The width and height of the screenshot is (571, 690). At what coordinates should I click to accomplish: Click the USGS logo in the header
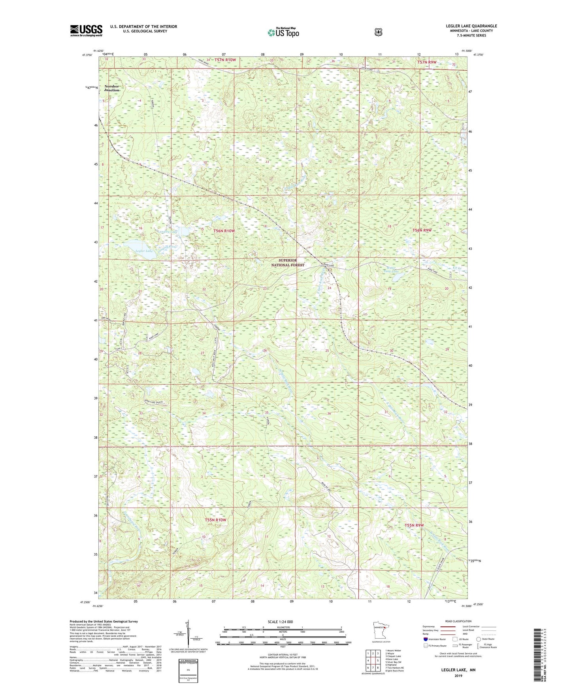86,30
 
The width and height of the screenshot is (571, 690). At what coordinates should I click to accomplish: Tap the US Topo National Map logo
283,32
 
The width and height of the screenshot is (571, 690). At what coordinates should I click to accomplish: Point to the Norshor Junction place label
111,88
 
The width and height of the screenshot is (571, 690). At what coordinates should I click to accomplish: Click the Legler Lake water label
143,251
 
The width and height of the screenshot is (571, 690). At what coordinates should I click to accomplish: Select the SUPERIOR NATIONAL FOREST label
292,263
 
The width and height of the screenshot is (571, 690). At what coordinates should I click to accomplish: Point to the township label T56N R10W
224,231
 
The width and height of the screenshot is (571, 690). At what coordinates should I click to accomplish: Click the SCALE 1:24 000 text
280,622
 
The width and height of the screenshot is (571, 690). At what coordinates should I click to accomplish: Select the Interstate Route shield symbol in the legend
425,639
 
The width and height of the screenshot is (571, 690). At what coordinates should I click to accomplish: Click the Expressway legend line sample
448,626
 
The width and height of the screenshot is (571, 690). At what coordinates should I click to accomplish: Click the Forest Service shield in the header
378,32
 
